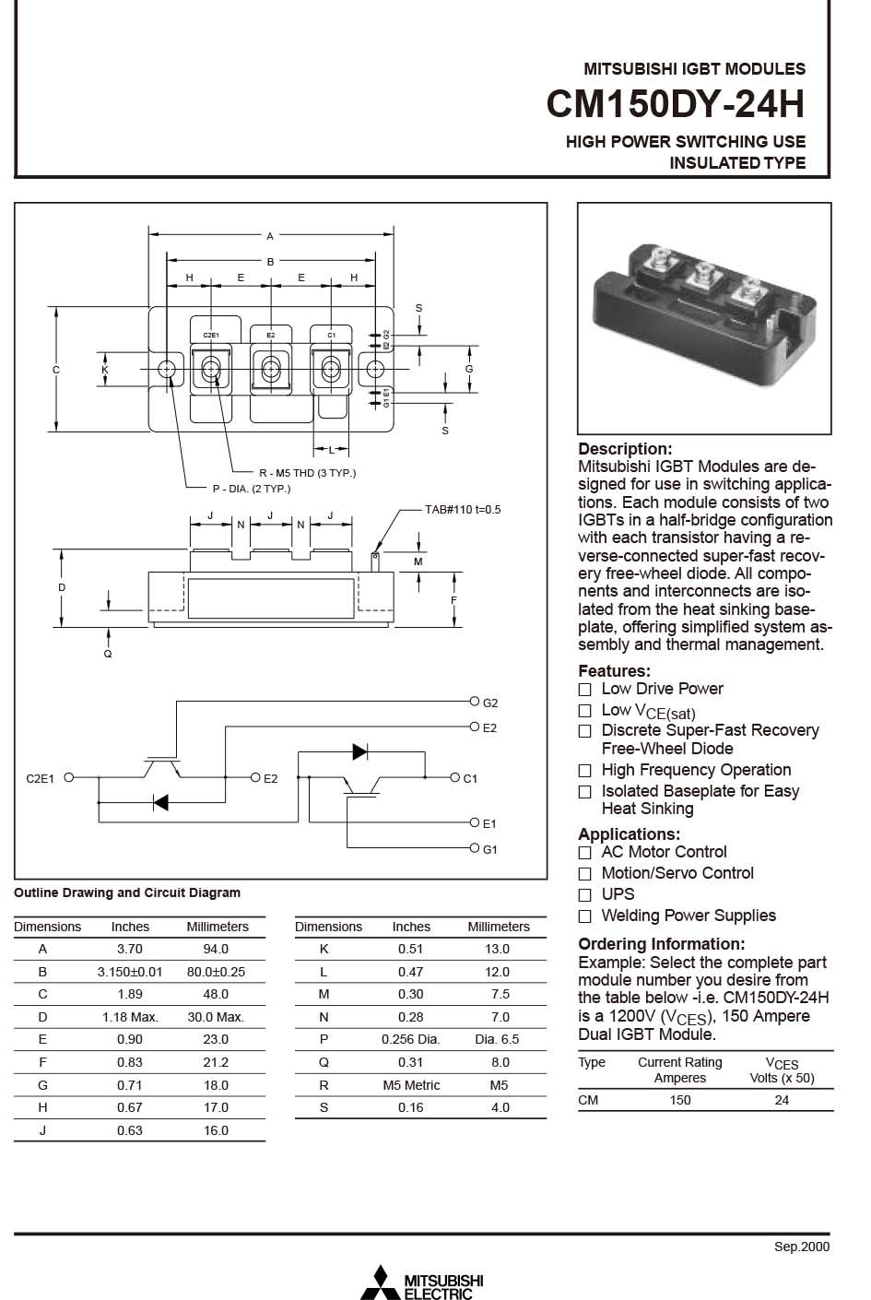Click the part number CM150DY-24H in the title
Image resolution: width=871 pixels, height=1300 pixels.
(x=675, y=104)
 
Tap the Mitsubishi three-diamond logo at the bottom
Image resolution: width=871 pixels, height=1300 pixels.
(x=380, y=1281)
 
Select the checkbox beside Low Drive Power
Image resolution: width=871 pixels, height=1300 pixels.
(x=584, y=690)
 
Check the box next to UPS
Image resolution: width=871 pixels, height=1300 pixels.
(x=584, y=895)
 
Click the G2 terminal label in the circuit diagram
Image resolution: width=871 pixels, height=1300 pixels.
(x=489, y=703)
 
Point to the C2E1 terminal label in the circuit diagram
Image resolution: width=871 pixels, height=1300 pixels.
(x=40, y=778)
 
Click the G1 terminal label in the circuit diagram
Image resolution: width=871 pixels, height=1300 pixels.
(x=489, y=849)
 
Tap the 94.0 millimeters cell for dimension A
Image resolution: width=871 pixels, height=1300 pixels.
(x=216, y=949)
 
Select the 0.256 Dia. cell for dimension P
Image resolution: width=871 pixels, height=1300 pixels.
(x=410, y=1039)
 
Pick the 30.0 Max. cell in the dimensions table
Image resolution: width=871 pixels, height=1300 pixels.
(x=216, y=1017)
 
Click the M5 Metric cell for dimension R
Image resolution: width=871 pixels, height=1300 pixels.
(x=410, y=1085)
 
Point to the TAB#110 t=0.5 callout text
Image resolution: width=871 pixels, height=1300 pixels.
(x=462, y=510)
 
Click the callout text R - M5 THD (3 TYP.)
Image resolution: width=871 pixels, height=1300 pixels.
(x=307, y=473)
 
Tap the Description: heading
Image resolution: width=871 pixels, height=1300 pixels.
(x=625, y=449)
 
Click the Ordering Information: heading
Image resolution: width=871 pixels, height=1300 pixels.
(x=661, y=944)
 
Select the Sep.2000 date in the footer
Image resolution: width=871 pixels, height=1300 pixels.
(x=801, y=1247)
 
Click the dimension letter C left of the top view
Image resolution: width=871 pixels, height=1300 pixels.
(x=56, y=370)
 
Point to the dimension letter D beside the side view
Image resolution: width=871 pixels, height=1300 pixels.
(x=62, y=587)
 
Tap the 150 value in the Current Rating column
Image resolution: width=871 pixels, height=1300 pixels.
(x=679, y=1100)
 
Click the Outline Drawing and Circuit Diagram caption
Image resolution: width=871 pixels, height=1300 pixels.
(x=127, y=892)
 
